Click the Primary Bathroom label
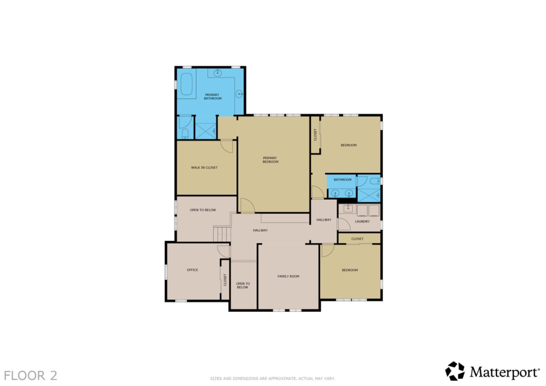tap(212, 97)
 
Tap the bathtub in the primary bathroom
tap(186, 84)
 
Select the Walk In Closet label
tap(204, 168)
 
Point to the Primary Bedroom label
tap(270, 160)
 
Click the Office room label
tap(192, 270)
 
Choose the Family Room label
tap(288, 276)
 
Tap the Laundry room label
tap(362, 221)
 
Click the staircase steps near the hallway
tap(222, 234)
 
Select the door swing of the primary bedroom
tap(247, 206)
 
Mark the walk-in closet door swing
tap(227, 146)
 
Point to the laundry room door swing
tap(344, 224)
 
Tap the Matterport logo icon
tap(455, 371)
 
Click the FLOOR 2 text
tap(30, 375)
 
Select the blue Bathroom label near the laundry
tap(342, 180)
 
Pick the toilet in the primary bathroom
tap(185, 133)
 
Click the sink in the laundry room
tap(348, 208)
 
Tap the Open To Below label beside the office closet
tap(243, 286)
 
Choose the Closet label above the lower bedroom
tap(357, 239)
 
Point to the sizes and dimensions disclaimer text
tap(273, 378)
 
